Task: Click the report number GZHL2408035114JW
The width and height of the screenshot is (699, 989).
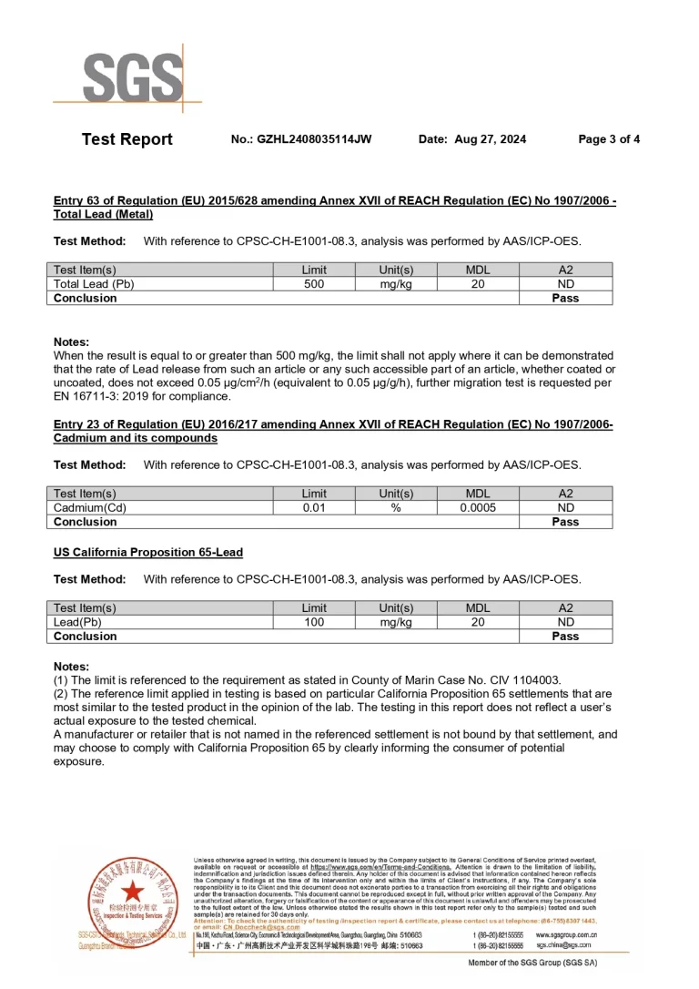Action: tap(315, 139)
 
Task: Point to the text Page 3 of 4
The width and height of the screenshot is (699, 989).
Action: tap(609, 139)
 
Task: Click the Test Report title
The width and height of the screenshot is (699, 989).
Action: tap(127, 139)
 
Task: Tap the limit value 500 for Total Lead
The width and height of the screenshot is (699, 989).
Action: tap(314, 284)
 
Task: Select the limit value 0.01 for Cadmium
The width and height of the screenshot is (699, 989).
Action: tap(314, 507)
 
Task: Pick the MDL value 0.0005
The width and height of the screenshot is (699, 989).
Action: tap(478, 507)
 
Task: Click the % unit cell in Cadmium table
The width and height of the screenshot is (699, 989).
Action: tap(396, 507)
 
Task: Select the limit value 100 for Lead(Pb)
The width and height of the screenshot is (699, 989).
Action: tap(314, 622)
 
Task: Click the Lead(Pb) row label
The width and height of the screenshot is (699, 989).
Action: tap(81, 622)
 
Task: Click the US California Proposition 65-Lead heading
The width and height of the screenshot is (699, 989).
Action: tap(148, 553)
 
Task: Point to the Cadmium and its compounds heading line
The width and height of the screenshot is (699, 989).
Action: tap(136, 438)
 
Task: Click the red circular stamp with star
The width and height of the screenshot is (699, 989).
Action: tap(133, 894)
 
